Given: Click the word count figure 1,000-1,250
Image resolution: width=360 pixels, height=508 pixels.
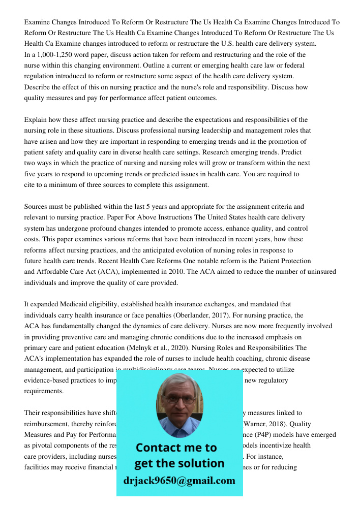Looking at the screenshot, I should coord(54,54).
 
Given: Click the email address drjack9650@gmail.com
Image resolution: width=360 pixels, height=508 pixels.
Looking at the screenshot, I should coord(179,481).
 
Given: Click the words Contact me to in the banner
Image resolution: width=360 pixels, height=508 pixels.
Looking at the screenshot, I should coord(176,448).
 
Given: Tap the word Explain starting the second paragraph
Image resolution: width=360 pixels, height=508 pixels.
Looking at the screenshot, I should coord(36,120).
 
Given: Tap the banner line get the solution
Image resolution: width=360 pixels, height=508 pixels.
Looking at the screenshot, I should coord(179,463).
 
